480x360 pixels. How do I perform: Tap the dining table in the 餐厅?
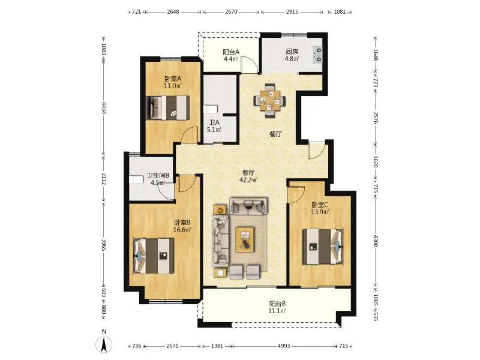coord(269,100)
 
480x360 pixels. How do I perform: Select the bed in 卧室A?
coord(168,108)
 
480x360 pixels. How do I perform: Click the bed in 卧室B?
coord(154,256)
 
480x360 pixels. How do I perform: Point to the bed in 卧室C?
coord(323,247)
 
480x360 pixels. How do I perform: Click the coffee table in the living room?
coord(245,239)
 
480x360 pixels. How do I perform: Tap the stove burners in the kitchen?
coord(318,55)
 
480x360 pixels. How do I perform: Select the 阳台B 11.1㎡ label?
coord(278,307)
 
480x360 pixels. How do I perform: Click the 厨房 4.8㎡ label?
coord(292,55)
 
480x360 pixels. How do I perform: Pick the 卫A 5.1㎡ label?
coord(214,126)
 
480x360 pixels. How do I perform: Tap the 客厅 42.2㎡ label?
coord(248,176)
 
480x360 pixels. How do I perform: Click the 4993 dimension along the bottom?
coord(284,346)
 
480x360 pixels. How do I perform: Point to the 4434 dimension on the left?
coord(104,108)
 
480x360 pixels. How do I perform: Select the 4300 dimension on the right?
coord(376,241)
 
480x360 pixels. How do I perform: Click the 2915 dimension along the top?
coord(292,11)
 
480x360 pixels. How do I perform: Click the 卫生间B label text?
coord(158,175)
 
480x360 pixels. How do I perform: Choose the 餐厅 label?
coord(275,134)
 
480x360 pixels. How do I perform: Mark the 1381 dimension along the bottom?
coord(217,346)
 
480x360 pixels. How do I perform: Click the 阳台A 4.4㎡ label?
coord(231,55)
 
